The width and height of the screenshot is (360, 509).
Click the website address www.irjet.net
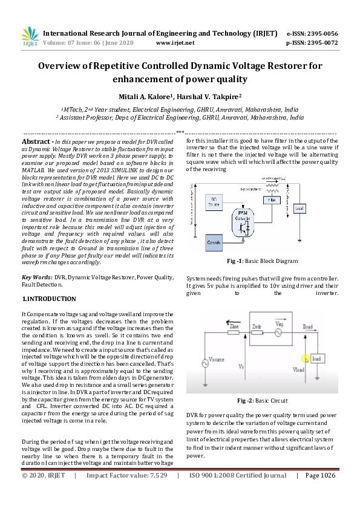(175, 43)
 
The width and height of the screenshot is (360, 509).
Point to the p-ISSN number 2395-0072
(322, 43)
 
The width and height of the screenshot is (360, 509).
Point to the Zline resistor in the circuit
(234, 331)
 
